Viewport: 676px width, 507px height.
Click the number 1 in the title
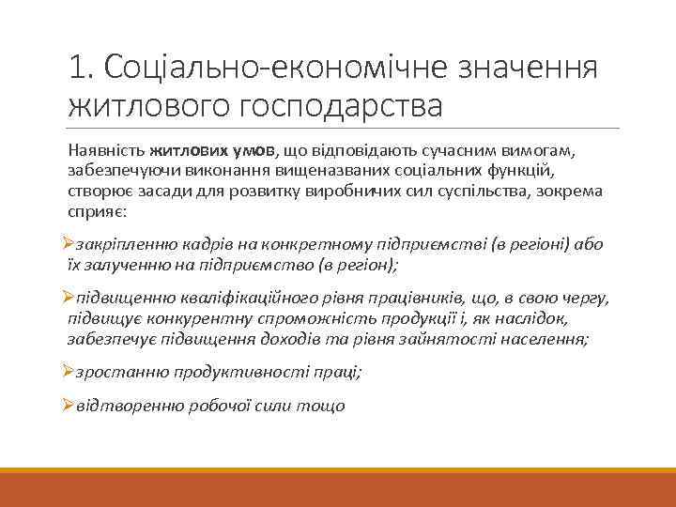[x=77, y=68]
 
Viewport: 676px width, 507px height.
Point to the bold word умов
[x=253, y=149]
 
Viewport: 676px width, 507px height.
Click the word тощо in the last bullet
[x=321, y=406]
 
